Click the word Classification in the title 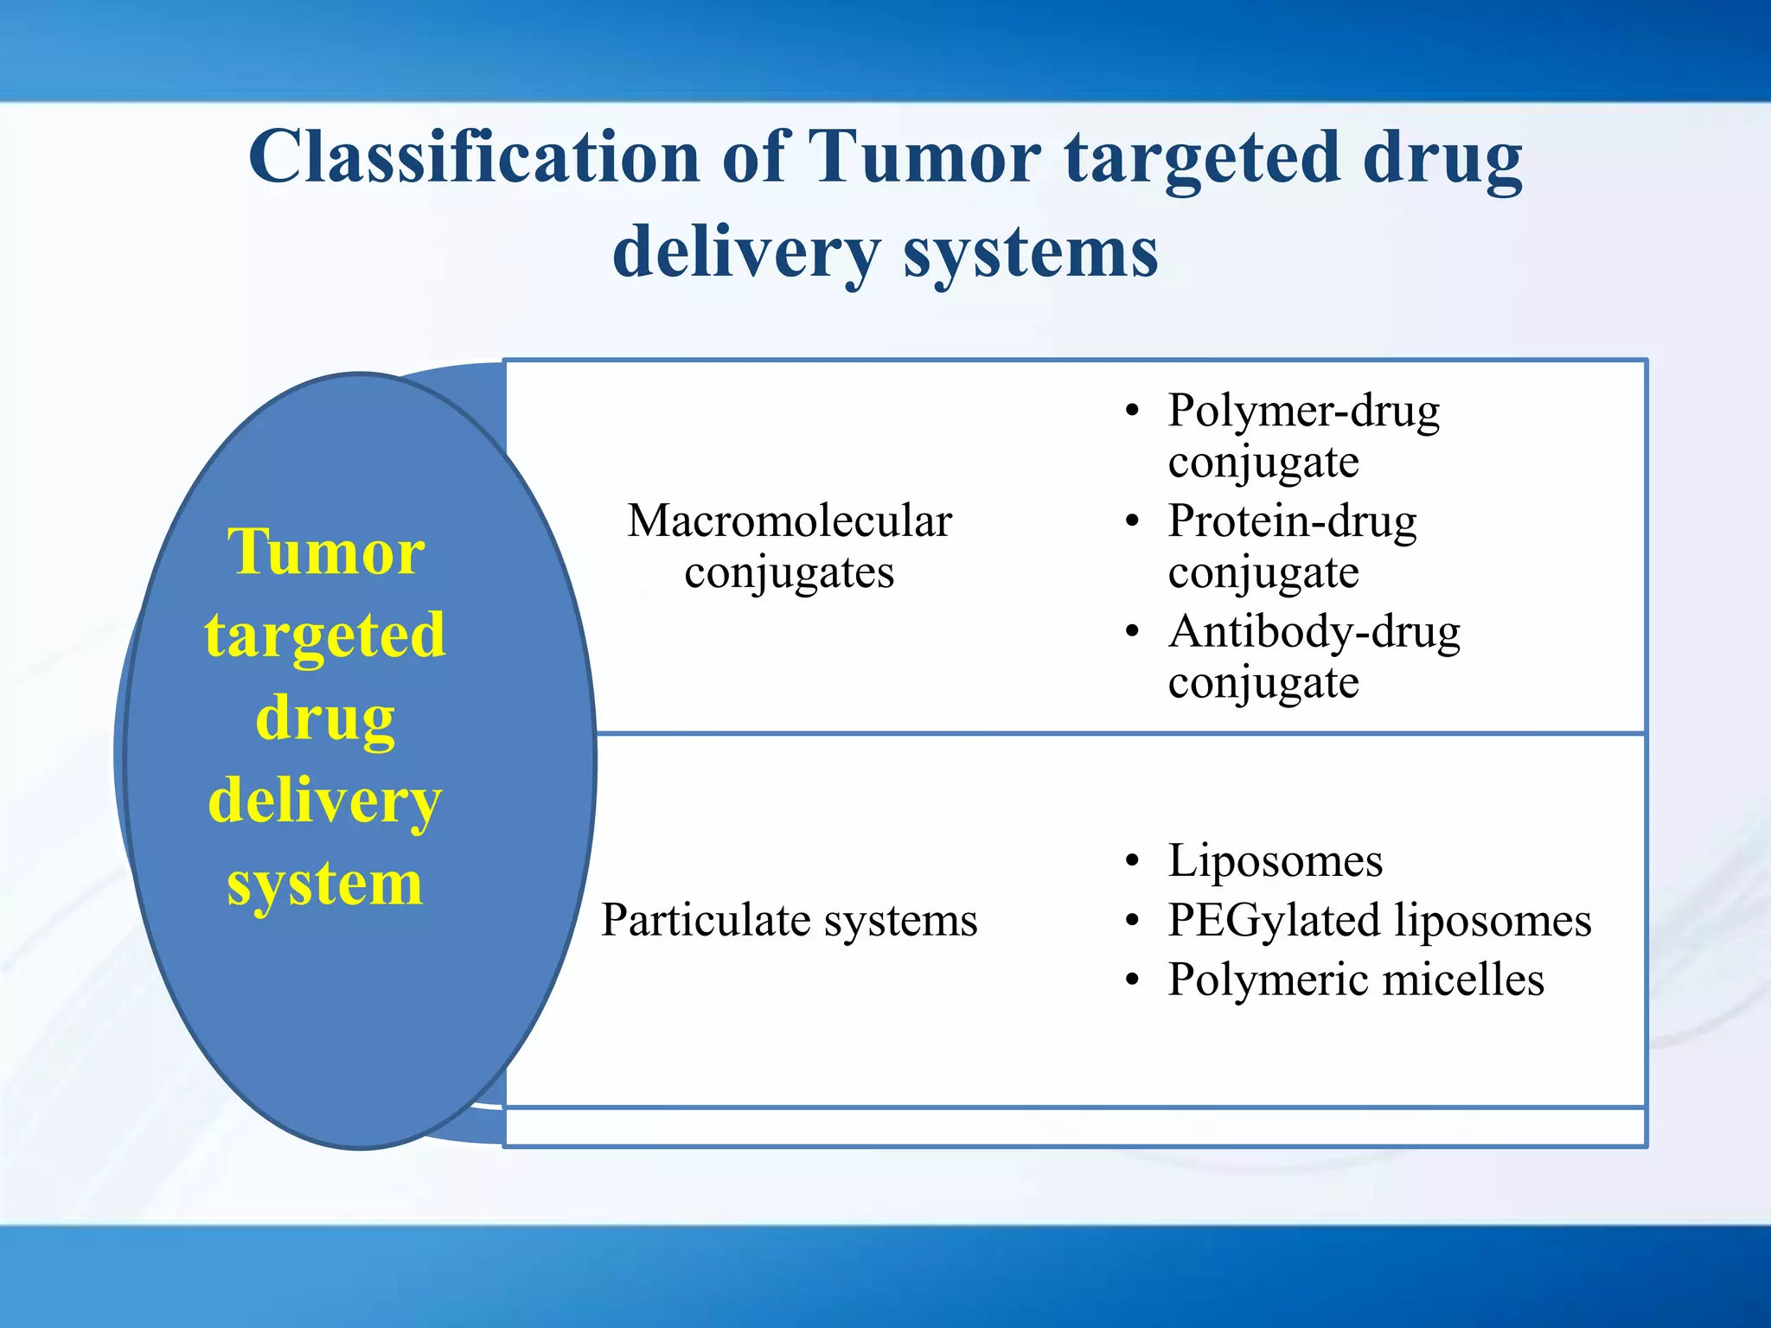[474, 157]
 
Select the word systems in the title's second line [1030, 252]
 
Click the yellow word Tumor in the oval [326, 552]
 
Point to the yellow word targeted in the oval [325, 635]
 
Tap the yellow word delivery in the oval [325, 801]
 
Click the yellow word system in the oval [325, 884]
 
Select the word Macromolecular [789, 521]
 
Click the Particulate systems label [789, 920]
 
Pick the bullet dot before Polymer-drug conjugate [1133, 412]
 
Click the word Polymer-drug [1303, 412]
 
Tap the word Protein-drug [1292, 522]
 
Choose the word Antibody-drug [1314, 633]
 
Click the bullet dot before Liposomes [1133, 862]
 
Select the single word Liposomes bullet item [1275, 862]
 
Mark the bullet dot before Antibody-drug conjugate [1133, 633]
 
